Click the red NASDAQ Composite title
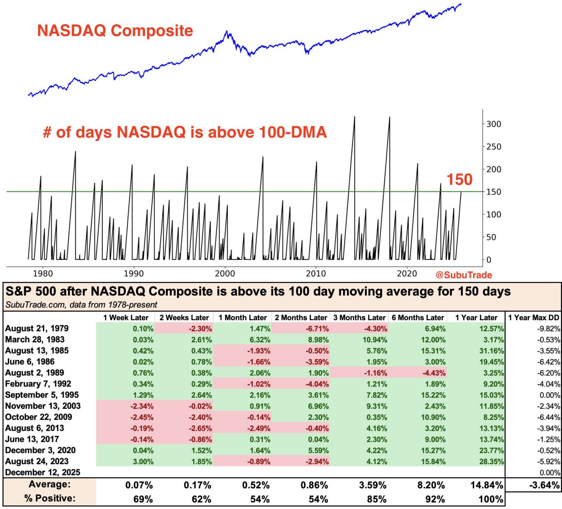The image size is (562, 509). point(115,31)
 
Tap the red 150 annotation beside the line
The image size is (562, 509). point(459,180)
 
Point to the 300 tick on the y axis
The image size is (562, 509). point(494,124)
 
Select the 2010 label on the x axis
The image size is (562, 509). point(316,274)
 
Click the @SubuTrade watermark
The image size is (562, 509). point(464,275)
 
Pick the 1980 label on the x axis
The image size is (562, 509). point(43,274)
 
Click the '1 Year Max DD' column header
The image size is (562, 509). point(533,318)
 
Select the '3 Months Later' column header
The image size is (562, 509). point(359,318)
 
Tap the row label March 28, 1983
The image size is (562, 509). point(35,339)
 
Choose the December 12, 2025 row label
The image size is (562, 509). point(43,473)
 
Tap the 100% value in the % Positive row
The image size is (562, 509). point(490,499)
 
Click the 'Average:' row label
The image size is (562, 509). point(49,484)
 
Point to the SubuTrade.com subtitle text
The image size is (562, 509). point(81,305)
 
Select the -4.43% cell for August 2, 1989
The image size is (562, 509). point(434,373)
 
